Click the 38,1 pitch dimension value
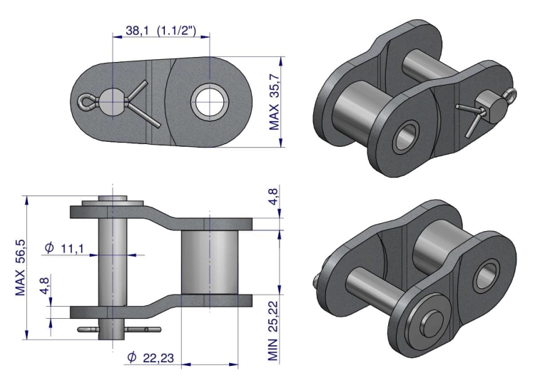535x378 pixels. click(137, 31)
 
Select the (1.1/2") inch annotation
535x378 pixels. click(176, 31)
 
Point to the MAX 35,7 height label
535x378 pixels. click(275, 102)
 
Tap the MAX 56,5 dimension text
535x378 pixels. click(21, 267)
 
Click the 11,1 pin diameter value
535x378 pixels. click(72, 248)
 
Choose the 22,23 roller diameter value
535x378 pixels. click(158, 358)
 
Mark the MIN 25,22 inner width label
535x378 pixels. click(273, 331)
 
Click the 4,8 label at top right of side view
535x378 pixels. click(274, 196)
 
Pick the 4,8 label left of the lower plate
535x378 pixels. click(44, 285)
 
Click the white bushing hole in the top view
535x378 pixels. click(210, 102)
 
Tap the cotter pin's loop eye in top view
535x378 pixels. click(84, 103)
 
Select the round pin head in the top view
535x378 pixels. click(113, 102)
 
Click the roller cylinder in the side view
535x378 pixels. click(210, 262)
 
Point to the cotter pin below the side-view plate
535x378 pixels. click(119, 330)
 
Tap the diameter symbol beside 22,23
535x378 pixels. click(132, 357)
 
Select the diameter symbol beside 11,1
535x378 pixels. click(50, 247)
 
